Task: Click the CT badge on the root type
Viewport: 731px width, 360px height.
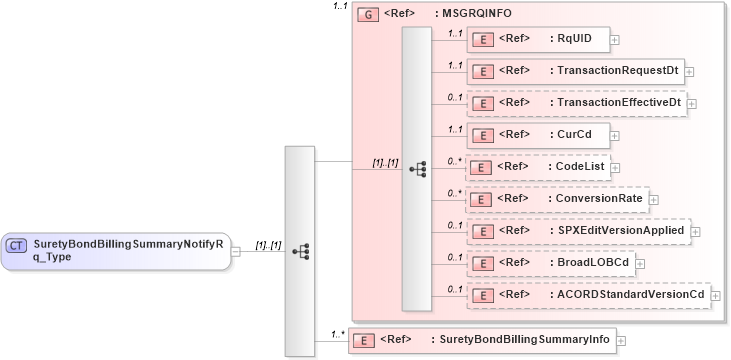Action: (17, 246)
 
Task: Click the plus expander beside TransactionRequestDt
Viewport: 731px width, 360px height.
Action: (690, 72)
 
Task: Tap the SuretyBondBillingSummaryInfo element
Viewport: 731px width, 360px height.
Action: (480, 340)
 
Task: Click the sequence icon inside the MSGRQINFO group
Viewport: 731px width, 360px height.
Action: (417, 168)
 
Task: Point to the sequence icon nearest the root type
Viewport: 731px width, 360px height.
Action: (299, 251)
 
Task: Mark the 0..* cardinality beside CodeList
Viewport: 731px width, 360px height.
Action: (455, 159)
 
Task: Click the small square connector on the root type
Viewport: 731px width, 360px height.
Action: (236, 251)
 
